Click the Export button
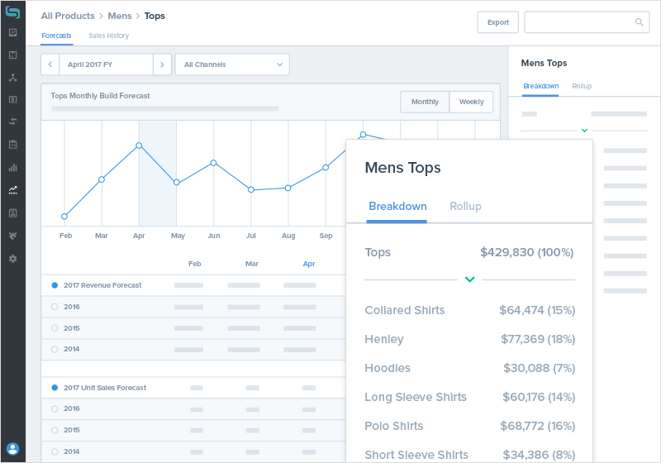[x=497, y=22]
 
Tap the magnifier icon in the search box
[x=639, y=22]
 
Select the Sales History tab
[x=108, y=36]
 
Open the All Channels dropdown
[x=232, y=64]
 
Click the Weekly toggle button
[x=471, y=102]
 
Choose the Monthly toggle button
[x=425, y=102]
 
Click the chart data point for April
[x=139, y=146]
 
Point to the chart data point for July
[x=251, y=189]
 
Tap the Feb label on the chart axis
[x=66, y=236]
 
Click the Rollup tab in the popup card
[x=465, y=206]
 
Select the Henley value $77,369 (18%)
[x=538, y=339]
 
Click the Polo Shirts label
[x=394, y=426]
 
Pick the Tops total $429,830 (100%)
[x=527, y=252]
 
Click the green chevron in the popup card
[x=469, y=279]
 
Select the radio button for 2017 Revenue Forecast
[x=55, y=285]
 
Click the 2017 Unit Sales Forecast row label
[x=104, y=388]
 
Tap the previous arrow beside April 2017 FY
[x=50, y=64]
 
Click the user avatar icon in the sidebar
[x=12, y=449]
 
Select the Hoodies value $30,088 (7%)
[x=540, y=368]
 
